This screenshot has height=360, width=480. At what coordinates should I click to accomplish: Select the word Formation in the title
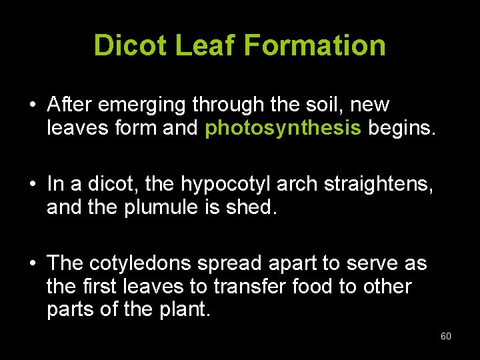315,45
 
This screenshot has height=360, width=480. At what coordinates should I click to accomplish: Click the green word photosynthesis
283,128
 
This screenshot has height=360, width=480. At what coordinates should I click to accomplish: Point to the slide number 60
446,336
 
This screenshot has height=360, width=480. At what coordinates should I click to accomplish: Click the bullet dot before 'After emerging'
32,105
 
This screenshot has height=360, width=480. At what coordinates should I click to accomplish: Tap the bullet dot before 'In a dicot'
32,184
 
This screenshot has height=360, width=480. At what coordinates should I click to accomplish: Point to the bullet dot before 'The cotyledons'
32,263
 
